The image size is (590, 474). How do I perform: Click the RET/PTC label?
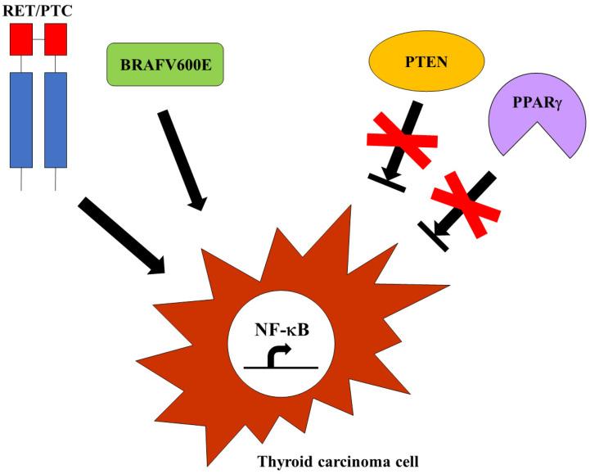tap(38, 11)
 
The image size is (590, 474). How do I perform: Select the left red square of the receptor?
tap(20, 39)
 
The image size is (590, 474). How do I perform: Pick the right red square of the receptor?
tap(55, 39)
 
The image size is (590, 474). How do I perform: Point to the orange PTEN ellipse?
tap(416, 63)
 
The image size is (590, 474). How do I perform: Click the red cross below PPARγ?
tap(465, 202)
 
